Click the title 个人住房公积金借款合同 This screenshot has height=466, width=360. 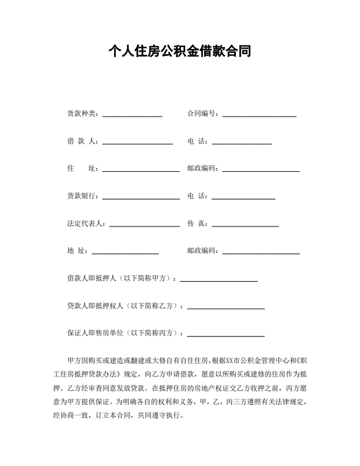coord(180,52)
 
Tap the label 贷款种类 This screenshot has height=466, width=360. coord(82,114)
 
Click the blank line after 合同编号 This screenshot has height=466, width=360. coord(259,116)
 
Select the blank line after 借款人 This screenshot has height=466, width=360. coord(138,144)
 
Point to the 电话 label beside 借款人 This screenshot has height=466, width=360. coord(198,141)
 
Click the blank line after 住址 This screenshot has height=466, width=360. coord(141,171)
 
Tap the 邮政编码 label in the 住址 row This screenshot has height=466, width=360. coord(202,169)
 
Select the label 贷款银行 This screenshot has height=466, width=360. coord(82,196)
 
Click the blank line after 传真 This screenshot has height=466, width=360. coord(245,226)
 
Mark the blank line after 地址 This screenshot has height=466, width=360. coord(125,254)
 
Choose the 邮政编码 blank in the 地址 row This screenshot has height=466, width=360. coord(261,254)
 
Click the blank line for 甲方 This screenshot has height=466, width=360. coord(219,281)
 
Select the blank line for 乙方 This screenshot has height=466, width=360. coord(225,308)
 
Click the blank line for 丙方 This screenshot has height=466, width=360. coord(225,336)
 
